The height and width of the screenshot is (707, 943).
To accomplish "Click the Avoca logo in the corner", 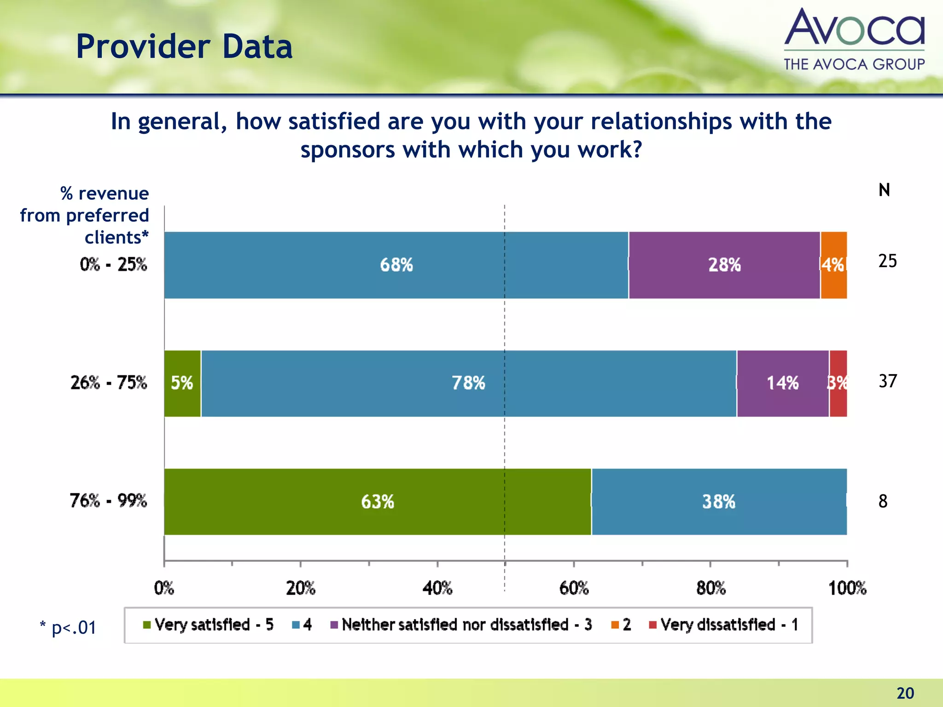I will (x=854, y=39).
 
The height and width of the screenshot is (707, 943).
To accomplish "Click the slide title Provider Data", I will (x=184, y=47).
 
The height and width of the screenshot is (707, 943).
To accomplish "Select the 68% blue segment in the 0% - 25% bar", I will (x=396, y=265).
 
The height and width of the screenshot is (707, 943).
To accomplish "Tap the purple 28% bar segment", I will (x=724, y=265).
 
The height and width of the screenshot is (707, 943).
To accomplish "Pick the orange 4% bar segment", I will (x=833, y=265).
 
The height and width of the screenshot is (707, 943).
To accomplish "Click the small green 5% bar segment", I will (x=182, y=383).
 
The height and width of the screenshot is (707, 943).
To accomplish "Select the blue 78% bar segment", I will (x=468, y=383).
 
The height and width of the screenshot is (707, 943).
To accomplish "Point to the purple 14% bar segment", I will (x=782, y=383).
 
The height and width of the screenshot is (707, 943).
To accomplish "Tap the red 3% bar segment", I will (x=838, y=383).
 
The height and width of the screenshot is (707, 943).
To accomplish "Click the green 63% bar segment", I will (x=378, y=502).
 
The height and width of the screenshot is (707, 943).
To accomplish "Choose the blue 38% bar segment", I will (x=718, y=502).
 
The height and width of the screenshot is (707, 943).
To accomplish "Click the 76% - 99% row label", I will (x=108, y=500).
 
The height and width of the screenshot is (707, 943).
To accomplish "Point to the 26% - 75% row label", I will (x=109, y=382).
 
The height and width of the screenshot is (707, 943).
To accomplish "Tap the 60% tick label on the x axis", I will (x=574, y=588).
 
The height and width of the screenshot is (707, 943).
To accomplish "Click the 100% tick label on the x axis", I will (x=847, y=588).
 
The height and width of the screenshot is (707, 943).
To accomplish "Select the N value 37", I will (x=887, y=381).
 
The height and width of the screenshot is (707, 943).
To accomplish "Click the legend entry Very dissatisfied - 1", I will (x=724, y=625).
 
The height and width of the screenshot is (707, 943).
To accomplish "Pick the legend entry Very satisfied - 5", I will (x=209, y=625).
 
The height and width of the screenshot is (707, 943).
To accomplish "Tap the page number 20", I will (x=905, y=693).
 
